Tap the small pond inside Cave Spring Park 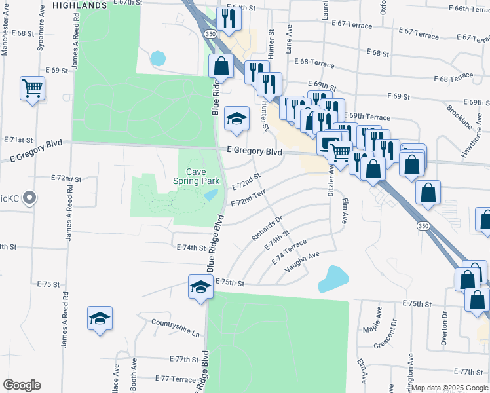tap(211, 195)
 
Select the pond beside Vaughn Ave tap(332, 278)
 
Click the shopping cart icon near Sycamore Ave tap(32, 87)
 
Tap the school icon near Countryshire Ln tap(100, 318)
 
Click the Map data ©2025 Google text tap(450, 388)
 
